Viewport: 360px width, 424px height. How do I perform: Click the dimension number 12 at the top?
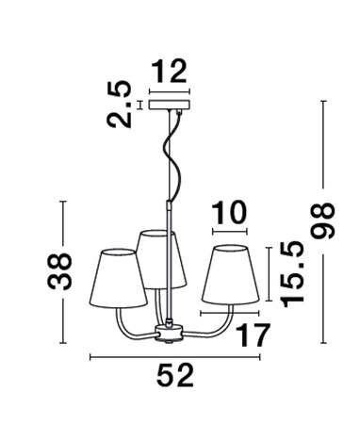click(x=171, y=70)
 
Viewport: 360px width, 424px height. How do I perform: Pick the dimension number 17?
click(x=248, y=334)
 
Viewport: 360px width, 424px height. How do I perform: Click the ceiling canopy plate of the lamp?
click(x=171, y=104)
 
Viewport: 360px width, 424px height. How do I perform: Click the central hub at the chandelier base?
click(x=171, y=331)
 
